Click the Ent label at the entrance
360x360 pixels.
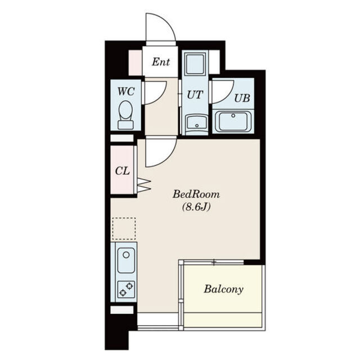(161, 62)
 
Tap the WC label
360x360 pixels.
(126, 91)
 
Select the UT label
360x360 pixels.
(195, 94)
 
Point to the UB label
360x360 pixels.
(242, 98)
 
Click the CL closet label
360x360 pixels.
(123, 171)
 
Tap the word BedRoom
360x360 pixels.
(196, 194)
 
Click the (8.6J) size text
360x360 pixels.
(196, 207)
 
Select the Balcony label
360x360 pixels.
(223, 289)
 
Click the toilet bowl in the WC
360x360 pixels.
(125, 114)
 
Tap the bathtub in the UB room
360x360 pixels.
(233, 121)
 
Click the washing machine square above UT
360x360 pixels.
(195, 64)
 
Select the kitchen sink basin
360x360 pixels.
(126, 260)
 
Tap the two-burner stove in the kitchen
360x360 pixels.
(126, 289)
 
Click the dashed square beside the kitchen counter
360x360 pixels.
(124, 229)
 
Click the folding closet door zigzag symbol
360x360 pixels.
(144, 184)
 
